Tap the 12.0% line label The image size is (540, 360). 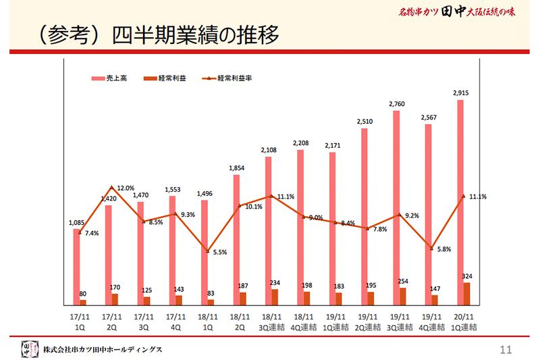pos(126,188)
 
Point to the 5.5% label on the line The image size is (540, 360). pos(219,252)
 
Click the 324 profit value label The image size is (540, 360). pos(466,276)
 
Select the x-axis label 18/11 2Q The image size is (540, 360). pos(238,322)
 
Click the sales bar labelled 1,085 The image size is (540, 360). pos(76,267)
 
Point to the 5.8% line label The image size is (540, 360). pos(443,249)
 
